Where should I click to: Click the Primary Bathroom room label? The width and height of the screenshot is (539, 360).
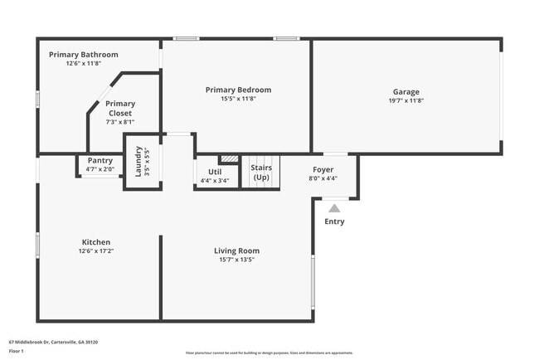(83, 55)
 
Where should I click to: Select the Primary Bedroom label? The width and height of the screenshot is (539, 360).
(238, 90)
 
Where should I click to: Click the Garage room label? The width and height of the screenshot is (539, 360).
(405, 91)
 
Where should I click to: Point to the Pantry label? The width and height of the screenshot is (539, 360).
(100, 160)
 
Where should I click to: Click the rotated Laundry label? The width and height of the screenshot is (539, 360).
(138, 162)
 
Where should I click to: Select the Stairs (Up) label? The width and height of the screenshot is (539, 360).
(261, 173)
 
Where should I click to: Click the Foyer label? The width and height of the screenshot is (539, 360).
(323, 168)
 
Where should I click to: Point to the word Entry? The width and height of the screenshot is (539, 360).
(334, 221)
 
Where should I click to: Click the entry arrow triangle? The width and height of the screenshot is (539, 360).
(334, 208)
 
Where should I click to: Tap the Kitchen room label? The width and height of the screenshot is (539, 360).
(95, 242)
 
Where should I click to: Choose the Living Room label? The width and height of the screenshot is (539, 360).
(236, 251)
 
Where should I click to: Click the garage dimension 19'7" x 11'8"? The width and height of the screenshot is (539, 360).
(405, 100)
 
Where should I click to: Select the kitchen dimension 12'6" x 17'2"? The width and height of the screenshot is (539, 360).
(95, 251)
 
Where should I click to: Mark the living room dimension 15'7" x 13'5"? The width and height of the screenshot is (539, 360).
(236, 260)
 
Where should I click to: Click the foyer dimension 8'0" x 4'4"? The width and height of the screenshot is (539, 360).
(323, 178)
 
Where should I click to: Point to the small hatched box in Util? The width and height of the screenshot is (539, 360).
(229, 158)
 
